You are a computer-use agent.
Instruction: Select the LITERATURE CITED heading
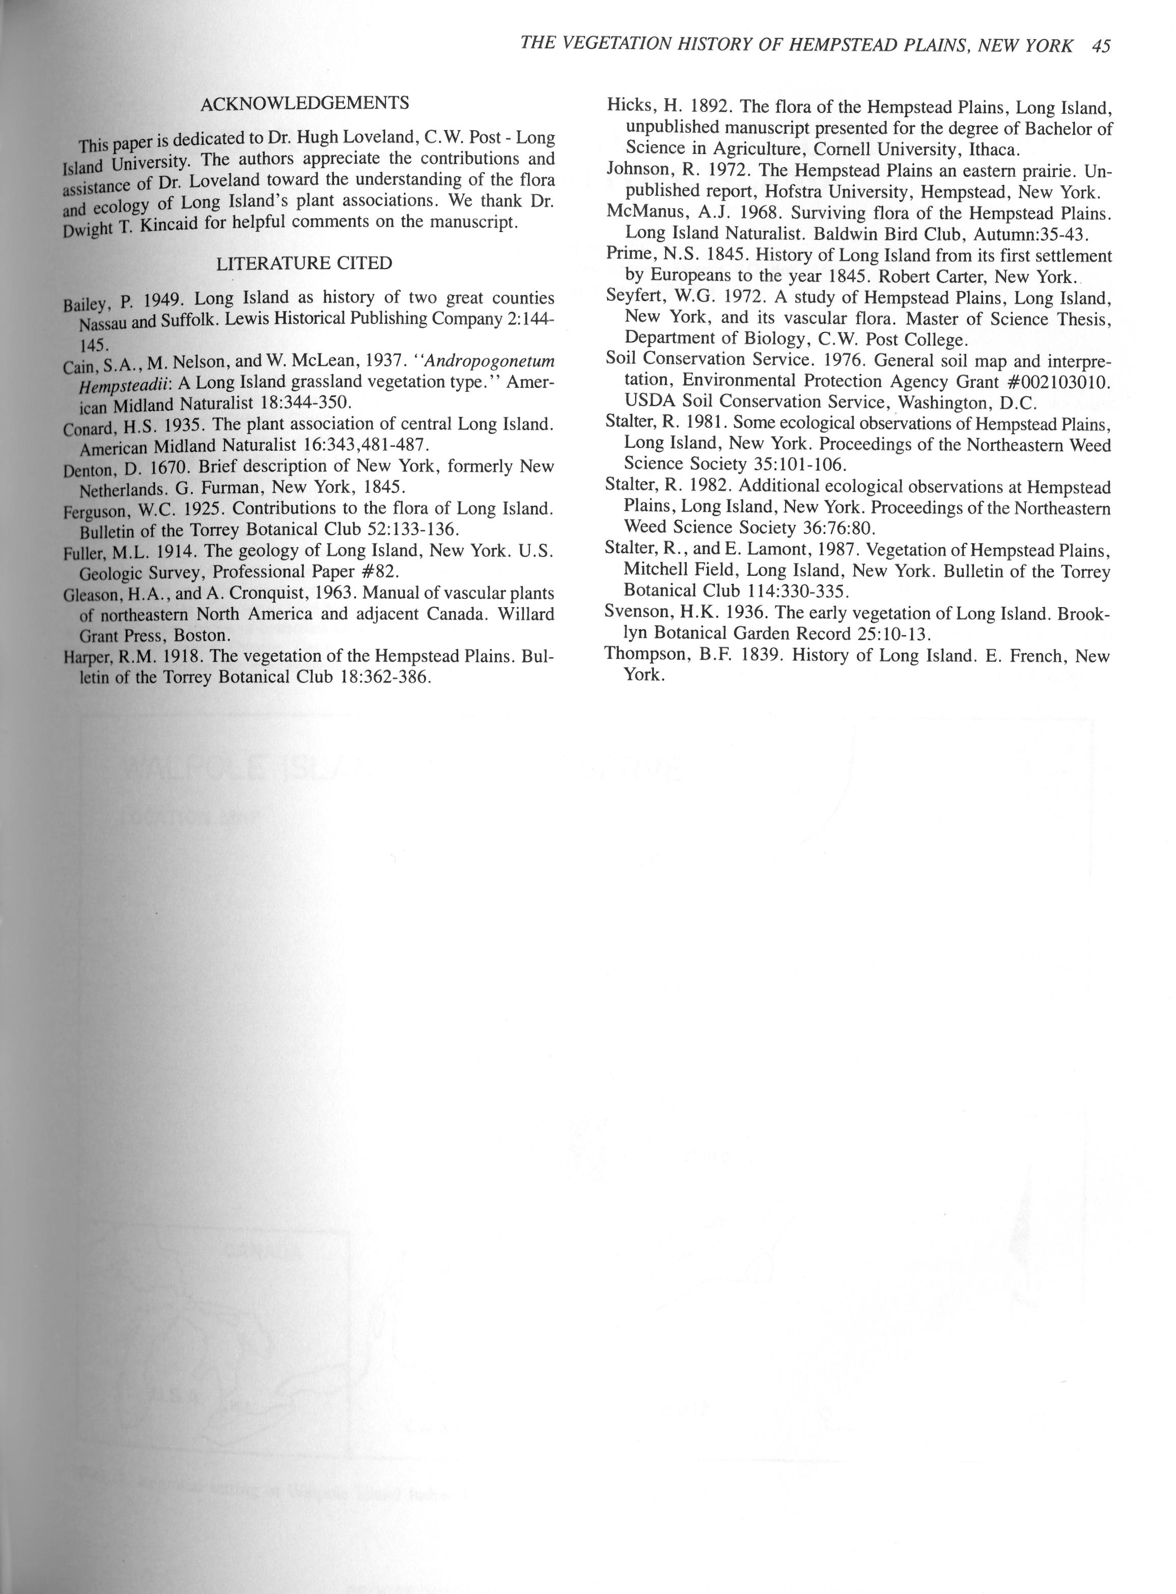coord(304,263)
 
